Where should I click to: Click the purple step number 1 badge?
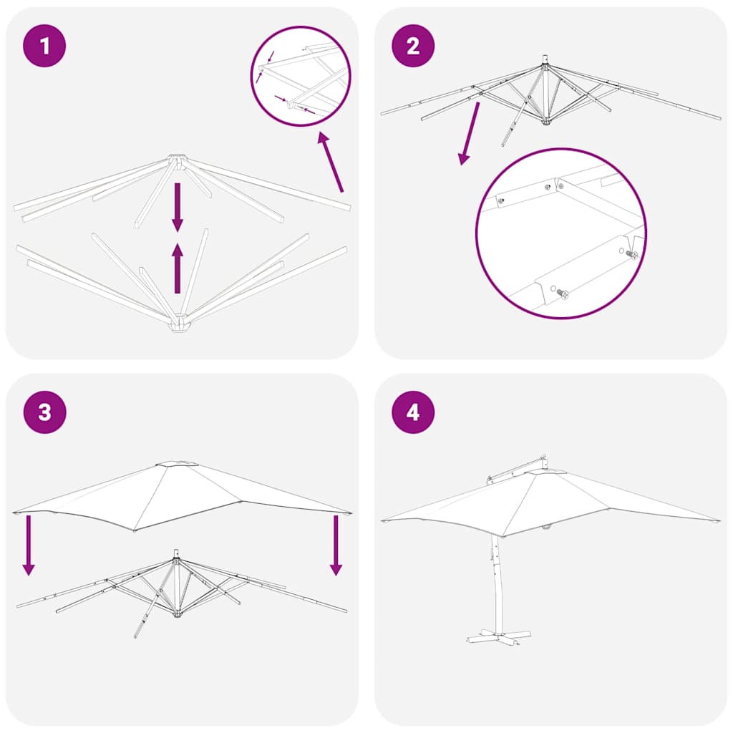[45, 46]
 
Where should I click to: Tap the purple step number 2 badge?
[413, 46]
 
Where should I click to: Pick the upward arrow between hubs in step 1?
[178, 268]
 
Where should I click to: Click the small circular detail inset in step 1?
[301, 76]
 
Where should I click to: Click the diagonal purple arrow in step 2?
[470, 133]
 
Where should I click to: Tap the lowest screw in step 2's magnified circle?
[562, 293]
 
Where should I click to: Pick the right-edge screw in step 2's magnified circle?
[631, 254]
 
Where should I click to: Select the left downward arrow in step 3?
[28, 544]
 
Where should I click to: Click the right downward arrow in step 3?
[336, 544]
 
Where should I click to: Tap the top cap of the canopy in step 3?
[178, 465]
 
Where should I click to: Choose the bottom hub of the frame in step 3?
[176, 613]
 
